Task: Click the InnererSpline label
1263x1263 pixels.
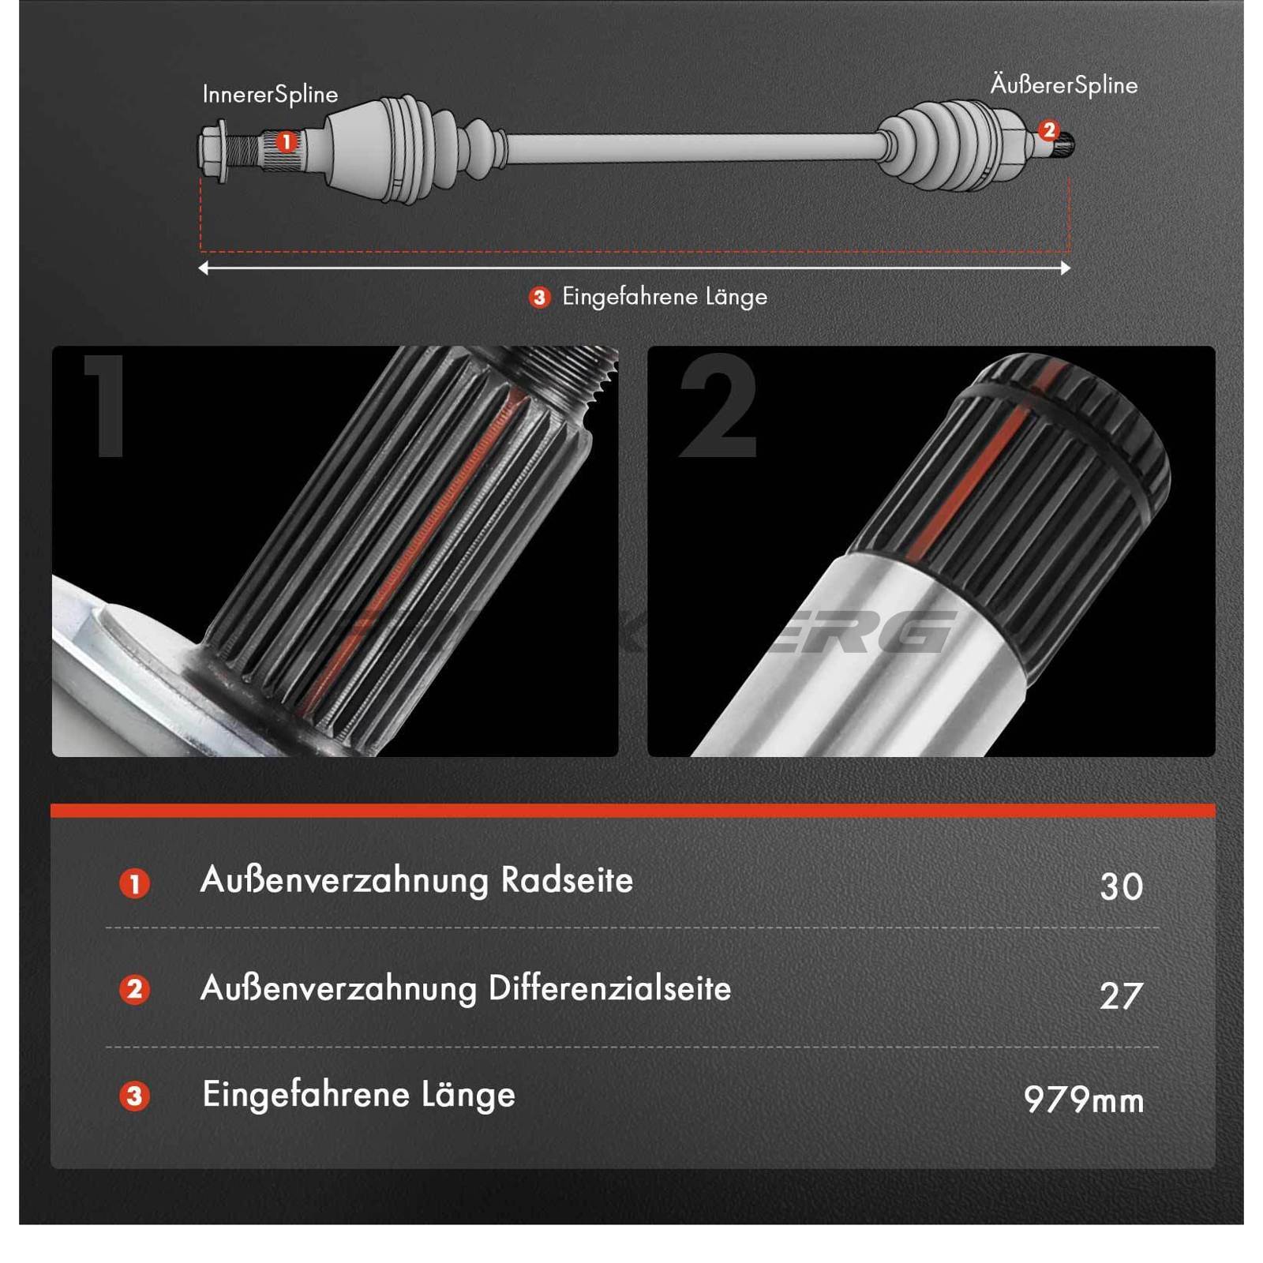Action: point(270,95)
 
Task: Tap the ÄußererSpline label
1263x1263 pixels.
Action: point(1064,85)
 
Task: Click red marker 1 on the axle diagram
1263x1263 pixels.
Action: point(286,142)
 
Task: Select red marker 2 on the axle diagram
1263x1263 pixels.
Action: point(1048,130)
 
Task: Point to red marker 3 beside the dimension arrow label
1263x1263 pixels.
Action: point(539,298)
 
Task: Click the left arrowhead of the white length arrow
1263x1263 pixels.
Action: point(204,268)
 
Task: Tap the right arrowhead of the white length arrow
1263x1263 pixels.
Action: point(1066,268)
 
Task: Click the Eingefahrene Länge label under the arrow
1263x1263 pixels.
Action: point(665,298)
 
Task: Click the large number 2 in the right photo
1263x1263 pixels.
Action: point(718,406)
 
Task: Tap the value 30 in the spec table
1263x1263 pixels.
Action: point(1121,886)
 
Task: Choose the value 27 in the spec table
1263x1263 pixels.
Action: point(1121,995)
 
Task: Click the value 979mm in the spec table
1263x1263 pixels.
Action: point(1083,1100)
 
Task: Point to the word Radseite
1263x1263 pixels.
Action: point(567,880)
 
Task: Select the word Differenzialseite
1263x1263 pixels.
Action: point(609,988)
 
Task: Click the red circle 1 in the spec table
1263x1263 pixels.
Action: point(134,883)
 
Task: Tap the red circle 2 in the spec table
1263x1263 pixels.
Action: point(134,989)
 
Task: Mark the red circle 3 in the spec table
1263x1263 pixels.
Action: point(134,1096)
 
